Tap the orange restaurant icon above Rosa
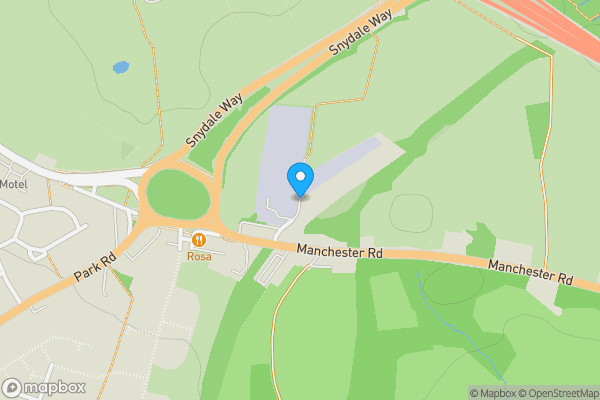click(199, 240)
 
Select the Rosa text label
click(199, 256)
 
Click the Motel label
click(13, 184)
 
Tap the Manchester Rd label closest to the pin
click(340, 253)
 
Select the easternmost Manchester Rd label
click(529, 270)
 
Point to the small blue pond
click(121, 68)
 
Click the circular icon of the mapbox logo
click(13, 387)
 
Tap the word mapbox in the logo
click(55, 387)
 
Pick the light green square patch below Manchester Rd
click(393, 300)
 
